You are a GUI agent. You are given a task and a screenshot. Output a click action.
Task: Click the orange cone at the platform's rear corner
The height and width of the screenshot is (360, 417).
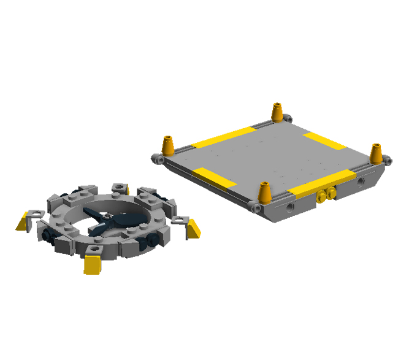pos(277,112)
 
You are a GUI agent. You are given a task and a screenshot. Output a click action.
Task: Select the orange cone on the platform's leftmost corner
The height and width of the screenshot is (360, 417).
pos(167,146)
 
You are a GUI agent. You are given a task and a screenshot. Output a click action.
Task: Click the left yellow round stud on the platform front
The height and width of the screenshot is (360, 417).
pos(321,196)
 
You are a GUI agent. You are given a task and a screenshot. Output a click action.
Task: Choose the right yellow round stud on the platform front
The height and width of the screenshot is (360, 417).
pos(332,193)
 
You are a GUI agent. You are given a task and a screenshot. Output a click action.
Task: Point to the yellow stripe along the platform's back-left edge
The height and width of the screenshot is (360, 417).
pos(224,138)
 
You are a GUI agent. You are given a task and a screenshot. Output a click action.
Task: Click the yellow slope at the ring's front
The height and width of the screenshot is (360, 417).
pos(92,265)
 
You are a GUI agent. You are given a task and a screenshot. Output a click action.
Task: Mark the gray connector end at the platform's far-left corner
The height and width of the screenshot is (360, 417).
pos(157,159)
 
